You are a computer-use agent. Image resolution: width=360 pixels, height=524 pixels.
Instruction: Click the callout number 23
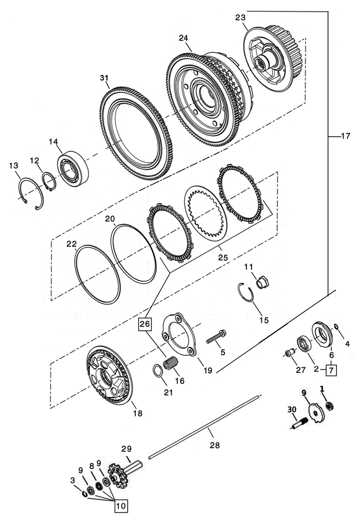tap(241, 17)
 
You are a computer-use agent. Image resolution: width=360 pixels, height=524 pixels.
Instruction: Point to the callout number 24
tap(183, 38)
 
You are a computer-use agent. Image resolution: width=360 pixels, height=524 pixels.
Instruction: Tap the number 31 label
tap(104, 78)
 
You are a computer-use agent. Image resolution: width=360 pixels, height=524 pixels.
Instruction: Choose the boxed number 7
tap(332, 370)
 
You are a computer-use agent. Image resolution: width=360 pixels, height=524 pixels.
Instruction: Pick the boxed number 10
tap(121, 506)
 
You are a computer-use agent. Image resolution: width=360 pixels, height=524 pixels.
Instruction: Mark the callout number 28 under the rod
tap(214, 445)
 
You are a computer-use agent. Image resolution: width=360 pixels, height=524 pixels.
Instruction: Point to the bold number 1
tap(322, 389)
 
